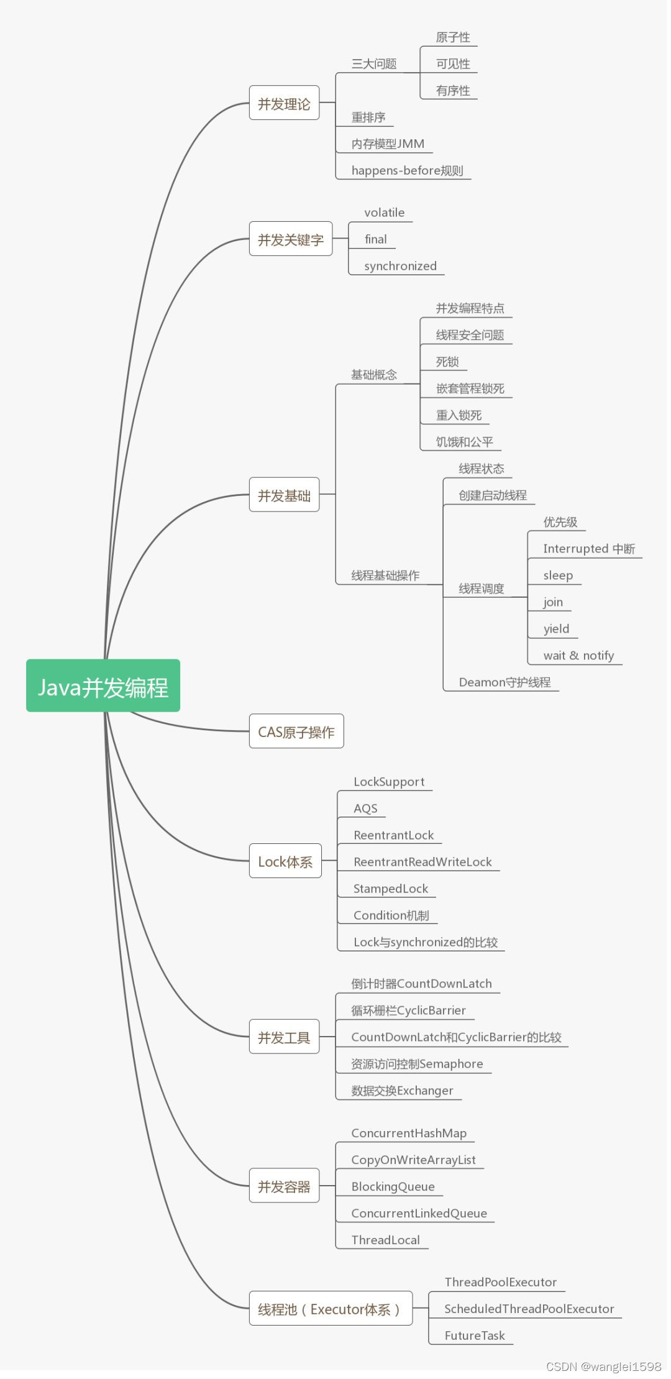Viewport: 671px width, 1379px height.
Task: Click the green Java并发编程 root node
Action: (103, 686)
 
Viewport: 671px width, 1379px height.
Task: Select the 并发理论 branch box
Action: (284, 103)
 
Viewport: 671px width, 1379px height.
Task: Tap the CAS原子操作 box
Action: (296, 731)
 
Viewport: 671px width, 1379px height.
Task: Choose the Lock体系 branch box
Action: (285, 861)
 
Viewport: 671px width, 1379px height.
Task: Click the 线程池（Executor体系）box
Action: (331, 1309)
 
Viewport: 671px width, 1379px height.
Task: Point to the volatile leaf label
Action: (384, 213)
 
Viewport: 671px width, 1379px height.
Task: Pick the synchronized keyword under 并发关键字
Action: (400, 266)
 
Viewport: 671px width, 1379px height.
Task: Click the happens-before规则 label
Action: (407, 170)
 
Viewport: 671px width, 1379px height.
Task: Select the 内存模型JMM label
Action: (388, 144)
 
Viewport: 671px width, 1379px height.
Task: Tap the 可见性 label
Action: (453, 64)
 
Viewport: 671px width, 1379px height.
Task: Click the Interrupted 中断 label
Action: (588, 549)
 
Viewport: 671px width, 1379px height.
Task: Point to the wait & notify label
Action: (578, 656)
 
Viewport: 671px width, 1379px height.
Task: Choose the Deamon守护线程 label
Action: (504, 682)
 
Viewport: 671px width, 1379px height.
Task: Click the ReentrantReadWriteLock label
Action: (422, 862)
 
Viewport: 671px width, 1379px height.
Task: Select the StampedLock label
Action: (390, 889)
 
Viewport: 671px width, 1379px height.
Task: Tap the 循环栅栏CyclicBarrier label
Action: (408, 1010)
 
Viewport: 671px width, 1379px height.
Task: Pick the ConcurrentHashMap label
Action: (409, 1133)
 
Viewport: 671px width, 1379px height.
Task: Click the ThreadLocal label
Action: (385, 1240)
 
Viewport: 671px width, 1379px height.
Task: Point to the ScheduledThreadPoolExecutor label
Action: (529, 1309)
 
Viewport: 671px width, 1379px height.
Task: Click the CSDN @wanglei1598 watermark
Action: (603, 1367)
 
